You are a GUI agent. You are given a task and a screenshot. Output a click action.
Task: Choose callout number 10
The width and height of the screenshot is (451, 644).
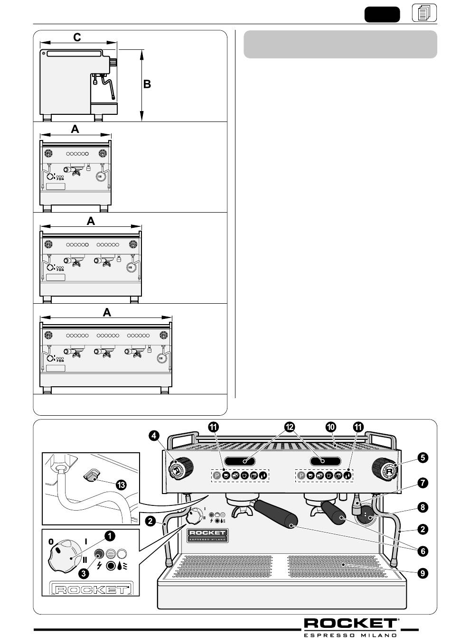pos(331,427)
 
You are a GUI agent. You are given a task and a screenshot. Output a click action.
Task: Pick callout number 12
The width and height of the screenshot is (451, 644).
pos(288,427)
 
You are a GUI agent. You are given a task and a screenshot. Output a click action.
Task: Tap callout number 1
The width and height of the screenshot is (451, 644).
pos(109,536)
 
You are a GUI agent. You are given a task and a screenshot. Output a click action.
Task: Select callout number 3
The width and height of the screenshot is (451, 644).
pos(83,573)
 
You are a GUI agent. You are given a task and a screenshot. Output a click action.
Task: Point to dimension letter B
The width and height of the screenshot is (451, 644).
pos(147,84)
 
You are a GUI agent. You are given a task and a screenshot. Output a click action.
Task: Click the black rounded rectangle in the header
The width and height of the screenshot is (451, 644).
pos(382,14)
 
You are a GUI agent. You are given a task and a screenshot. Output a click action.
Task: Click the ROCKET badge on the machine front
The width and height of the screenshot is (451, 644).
pos(207,534)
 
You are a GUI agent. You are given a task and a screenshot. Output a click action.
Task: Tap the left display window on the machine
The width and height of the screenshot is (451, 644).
pos(240,461)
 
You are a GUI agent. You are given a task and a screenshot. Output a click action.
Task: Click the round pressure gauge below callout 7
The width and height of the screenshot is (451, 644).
pos(365,515)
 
